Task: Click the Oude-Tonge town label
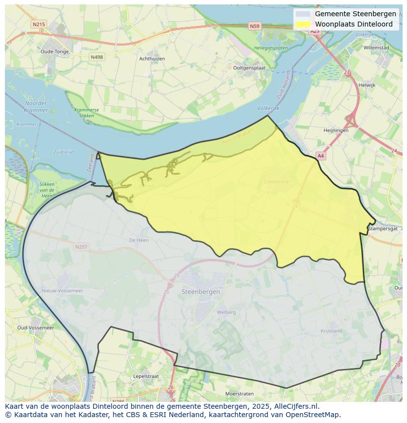click(55, 52)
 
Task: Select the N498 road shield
click(97, 57)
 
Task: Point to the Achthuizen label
click(152, 59)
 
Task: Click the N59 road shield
click(255, 26)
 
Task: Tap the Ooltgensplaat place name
click(249, 68)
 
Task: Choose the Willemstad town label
click(376, 48)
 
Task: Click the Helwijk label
click(367, 85)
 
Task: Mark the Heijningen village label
click(336, 131)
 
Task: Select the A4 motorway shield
click(320, 156)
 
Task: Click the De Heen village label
click(139, 240)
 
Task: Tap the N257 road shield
click(82, 247)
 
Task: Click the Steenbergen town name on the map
click(201, 292)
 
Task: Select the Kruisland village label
click(331, 331)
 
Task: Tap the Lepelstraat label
click(146, 376)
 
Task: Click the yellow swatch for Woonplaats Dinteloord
click(303, 24)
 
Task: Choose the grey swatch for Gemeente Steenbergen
click(303, 14)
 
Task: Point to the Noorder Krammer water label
click(36, 107)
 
